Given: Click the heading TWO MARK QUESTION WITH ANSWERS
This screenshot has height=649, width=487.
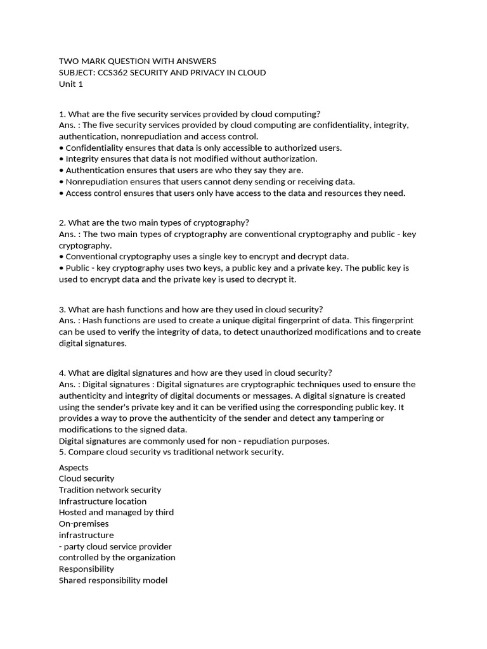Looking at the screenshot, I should tap(137, 61).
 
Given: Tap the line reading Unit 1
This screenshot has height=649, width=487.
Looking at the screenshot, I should tap(71, 84).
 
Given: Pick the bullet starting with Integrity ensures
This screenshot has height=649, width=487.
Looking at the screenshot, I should tap(188, 159).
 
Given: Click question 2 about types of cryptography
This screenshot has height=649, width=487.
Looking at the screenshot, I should tap(154, 222).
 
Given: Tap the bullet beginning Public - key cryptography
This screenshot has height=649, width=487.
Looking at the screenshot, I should tap(234, 268).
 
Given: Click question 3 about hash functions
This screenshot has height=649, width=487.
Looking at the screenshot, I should tap(191, 309).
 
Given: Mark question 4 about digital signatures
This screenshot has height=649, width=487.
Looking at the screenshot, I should tap(195, 373).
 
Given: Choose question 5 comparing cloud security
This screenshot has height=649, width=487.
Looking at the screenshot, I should tap(171, 452).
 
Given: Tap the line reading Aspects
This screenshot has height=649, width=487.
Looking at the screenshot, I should tap(74, 468).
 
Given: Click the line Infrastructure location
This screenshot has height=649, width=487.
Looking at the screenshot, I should tap(103, 501).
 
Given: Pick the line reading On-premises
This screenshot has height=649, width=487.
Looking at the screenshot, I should tap(84, 524).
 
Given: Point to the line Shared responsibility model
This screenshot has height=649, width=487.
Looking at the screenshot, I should tap(113, 580).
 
